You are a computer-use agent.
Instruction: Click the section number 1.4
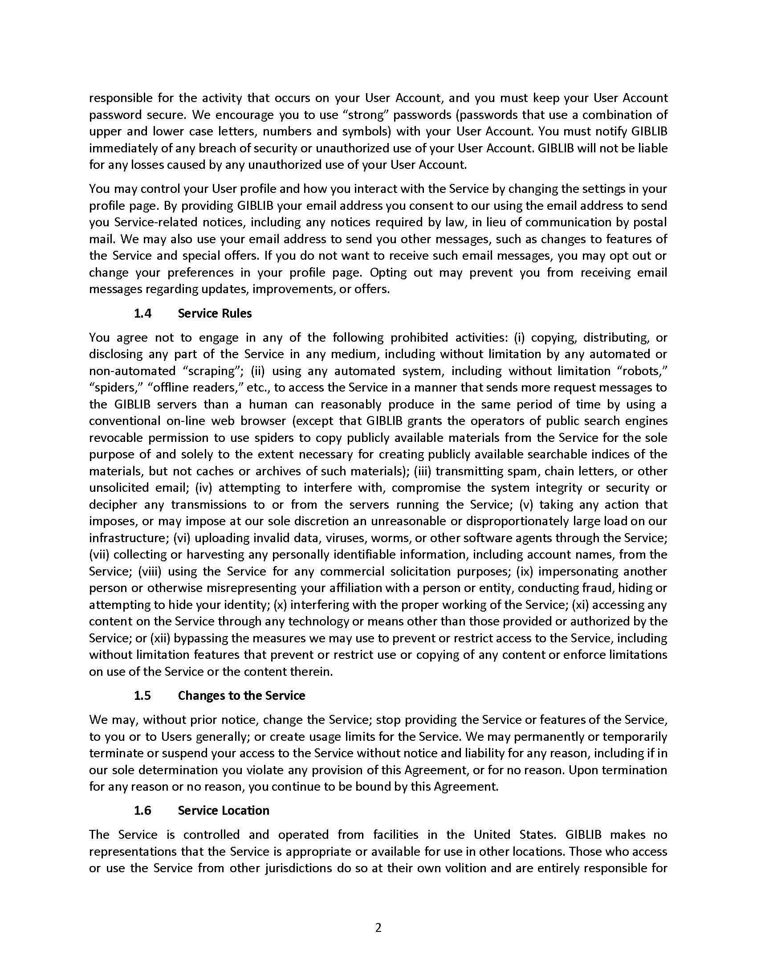click(142, 313)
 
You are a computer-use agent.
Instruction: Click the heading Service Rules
click(214, 313)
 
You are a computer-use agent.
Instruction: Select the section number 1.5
click(142, 695)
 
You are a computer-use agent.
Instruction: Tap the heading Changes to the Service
click(241, 695)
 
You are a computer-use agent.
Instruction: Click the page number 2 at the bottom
click(378, 927)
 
